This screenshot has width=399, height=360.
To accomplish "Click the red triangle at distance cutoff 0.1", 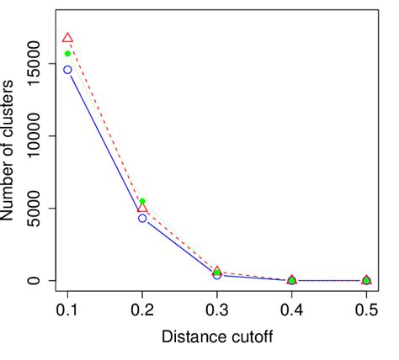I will [x=67, y=38].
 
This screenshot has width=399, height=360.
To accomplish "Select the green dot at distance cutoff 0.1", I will [x=67, y=54].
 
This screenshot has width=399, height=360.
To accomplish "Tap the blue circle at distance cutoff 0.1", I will [x=67, y=70].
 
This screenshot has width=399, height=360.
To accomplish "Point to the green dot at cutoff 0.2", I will [x=142, y=201].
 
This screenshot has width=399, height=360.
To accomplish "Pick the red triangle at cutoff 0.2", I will [x=142, y=208].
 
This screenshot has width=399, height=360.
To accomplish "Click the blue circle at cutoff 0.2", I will [x=142, y=218].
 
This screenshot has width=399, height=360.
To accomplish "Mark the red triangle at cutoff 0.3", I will [x=217, y=272].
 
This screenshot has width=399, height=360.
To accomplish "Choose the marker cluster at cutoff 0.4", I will [x=291, y=280].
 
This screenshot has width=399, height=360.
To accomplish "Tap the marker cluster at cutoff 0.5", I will [x=366, y=280].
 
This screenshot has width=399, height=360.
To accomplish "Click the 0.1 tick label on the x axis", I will [x=67, y=310].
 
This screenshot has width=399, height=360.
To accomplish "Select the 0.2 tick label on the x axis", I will [x=142, y=310].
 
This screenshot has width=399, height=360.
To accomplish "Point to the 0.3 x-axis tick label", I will [x=217, y=310].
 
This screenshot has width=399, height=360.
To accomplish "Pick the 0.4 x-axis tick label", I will [x=291, y=310].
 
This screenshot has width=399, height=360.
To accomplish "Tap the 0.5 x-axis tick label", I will [x=366, y=310].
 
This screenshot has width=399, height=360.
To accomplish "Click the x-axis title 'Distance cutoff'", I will [x=217, y=338].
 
